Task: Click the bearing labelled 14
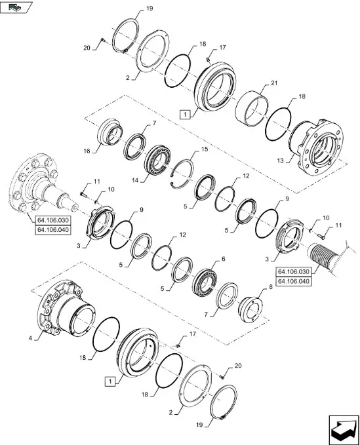tap(157, 161)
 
